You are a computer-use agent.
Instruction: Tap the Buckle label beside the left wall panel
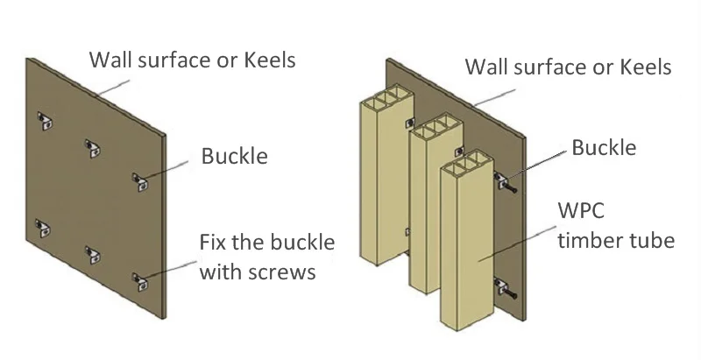point(235,157)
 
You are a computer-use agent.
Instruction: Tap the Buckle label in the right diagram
point(605,147)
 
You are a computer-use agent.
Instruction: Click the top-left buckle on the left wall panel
point(45,117)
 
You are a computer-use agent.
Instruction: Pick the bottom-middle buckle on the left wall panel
point(91,254)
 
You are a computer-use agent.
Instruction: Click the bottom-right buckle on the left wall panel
point(139,280)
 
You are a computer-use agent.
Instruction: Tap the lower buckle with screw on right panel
point(504,286)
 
